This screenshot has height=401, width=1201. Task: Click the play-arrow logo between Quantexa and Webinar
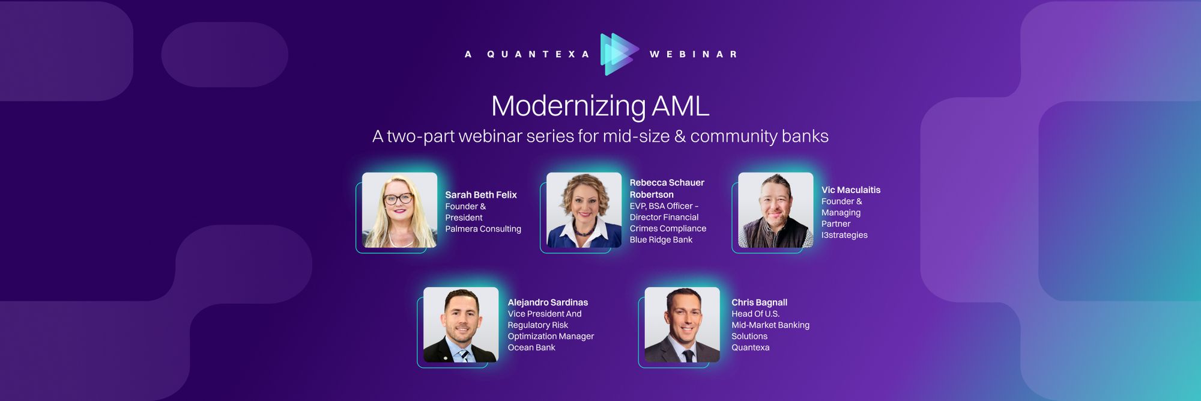pos(619,54)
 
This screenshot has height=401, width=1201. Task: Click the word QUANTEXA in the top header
pos(531,54)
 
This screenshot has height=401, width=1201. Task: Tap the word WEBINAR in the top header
pos(693,54)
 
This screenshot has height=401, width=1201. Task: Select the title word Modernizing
pos(568,106)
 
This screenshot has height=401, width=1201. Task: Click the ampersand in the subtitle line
pos(680,136)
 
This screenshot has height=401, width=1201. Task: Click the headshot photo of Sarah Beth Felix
pos(399,210)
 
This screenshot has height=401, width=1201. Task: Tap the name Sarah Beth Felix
pos(481,195)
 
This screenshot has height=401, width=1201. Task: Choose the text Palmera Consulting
pos(483,229)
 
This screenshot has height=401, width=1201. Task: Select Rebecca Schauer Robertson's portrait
pos(584,210)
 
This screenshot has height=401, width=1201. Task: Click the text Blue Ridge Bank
pos(661,240)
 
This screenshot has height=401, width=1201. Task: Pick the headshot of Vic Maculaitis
pos(775,210)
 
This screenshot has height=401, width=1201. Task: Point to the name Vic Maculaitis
pos(851,190)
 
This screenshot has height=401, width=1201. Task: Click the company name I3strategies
pos(844,235)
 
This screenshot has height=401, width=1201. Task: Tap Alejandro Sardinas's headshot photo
pos(461,325)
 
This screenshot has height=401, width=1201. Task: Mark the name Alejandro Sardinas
pos(548,302)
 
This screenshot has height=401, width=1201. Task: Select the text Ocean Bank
pos(531,347)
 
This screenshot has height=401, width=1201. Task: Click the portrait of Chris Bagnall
pos(682,325)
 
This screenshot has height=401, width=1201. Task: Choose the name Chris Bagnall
pos(759,302)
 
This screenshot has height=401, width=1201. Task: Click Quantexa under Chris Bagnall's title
pos(750,347)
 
